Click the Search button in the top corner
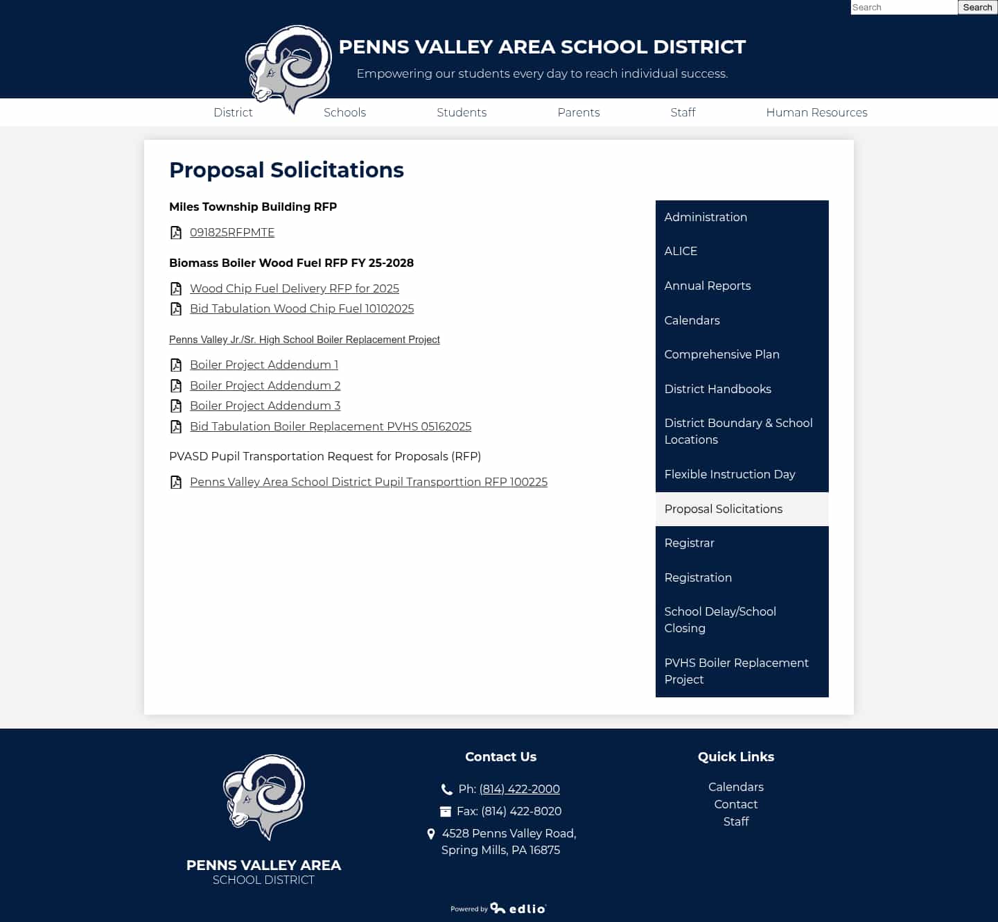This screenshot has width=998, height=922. pos(977,8)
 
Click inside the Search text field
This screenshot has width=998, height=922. pos(903,8)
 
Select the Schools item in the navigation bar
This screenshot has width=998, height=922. pos(344,112)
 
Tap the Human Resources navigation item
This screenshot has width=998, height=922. pos(816,112)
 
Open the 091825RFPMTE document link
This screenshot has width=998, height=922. pos(232,232)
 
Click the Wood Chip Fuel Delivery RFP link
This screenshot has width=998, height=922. pos(295,288)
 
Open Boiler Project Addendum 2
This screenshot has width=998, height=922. pos(265,385)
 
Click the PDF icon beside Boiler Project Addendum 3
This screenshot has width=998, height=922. pos(176,406)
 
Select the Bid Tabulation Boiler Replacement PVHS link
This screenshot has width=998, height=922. pos(331,426)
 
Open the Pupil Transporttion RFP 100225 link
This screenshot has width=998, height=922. pos(369,482)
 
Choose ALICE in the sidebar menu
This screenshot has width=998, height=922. pos(681,251)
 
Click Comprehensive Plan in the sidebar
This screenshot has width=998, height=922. pos(721,354)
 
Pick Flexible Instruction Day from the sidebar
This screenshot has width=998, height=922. pos(729,474)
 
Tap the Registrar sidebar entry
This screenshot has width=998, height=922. pos(689,543)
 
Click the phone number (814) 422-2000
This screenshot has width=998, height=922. pos(519,789)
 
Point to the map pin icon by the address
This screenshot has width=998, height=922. pos(431,834)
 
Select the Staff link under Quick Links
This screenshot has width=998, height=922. pos(736,821)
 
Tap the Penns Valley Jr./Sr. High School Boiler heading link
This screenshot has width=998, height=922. pos(304,340)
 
